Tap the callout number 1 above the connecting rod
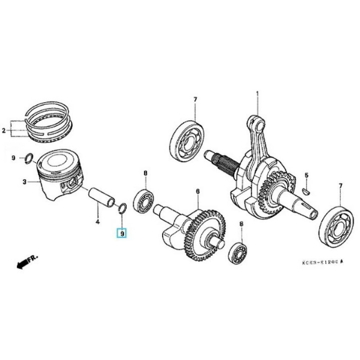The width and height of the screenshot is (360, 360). (257, 94)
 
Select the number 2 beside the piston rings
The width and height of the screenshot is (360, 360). (4, 131)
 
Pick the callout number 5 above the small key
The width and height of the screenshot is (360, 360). (306, 175)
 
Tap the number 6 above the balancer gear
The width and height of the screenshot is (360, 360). (197, 191)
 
